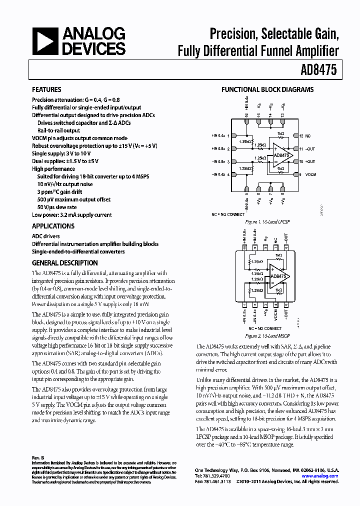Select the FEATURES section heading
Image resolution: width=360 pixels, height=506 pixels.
point(46,90)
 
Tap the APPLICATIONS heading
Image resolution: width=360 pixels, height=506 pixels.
point(53,226)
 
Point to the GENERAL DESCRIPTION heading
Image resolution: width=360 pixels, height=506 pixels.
point(65,263)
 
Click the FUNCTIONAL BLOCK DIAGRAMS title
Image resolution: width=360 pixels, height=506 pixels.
point(267,90)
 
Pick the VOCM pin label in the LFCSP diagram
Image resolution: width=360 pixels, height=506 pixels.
point(311,174)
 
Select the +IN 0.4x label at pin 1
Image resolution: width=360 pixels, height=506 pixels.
point(219,135)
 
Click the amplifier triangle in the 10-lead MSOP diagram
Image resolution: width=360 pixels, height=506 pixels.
point(277,276)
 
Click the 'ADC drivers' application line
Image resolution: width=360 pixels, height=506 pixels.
point(46,236)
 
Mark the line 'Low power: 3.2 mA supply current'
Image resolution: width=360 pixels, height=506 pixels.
point(72,215)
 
